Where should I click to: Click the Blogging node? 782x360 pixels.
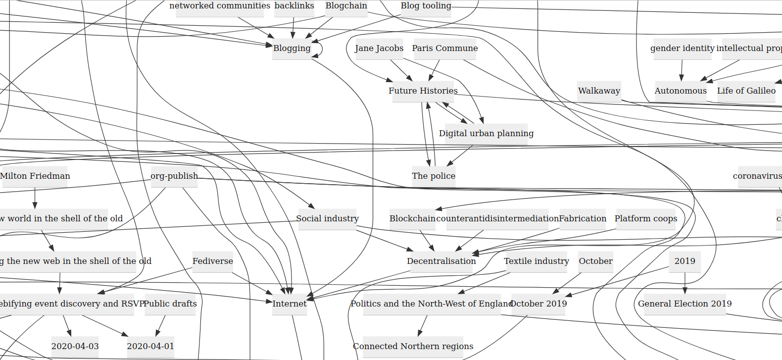point(292,49)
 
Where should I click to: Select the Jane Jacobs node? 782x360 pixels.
point(379,49)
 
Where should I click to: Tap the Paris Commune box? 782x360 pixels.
point(444,49)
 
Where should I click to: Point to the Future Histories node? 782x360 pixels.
point(423,91)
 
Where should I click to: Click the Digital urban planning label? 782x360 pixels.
point(486,134)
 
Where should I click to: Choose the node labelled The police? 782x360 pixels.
point(434,176)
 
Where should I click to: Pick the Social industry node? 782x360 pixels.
point(327,219)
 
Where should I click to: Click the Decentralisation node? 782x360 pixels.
point(441,261)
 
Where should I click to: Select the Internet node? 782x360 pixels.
point(290,304)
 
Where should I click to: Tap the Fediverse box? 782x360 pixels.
point(213,261)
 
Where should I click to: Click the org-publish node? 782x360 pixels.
point(174,176)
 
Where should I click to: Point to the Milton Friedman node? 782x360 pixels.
point(35,176)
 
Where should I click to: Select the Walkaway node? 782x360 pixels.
point(599,91)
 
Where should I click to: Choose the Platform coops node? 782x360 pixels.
point(646,219)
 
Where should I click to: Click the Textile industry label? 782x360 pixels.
point(537,261)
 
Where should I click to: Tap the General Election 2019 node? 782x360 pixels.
point(684,304)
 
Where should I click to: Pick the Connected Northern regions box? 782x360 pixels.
point(413,347)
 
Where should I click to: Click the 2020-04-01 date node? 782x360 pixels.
point(150,347)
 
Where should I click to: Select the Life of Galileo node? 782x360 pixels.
point(746,91)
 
